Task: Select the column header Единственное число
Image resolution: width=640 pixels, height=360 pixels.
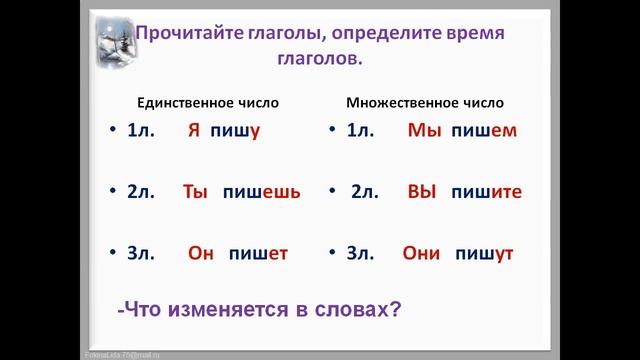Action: tap(208, 102)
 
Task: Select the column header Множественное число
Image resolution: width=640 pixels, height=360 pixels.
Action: tap(424, 102)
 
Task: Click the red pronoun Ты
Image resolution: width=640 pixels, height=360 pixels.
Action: tap(195, 191)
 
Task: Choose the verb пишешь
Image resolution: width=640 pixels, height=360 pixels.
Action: tap(261, 191)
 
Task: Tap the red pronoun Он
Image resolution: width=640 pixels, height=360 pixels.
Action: tap(201, 253)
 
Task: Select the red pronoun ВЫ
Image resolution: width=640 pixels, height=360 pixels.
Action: tap(423, 191)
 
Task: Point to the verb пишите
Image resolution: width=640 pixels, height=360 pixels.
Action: tap(486, 191)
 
